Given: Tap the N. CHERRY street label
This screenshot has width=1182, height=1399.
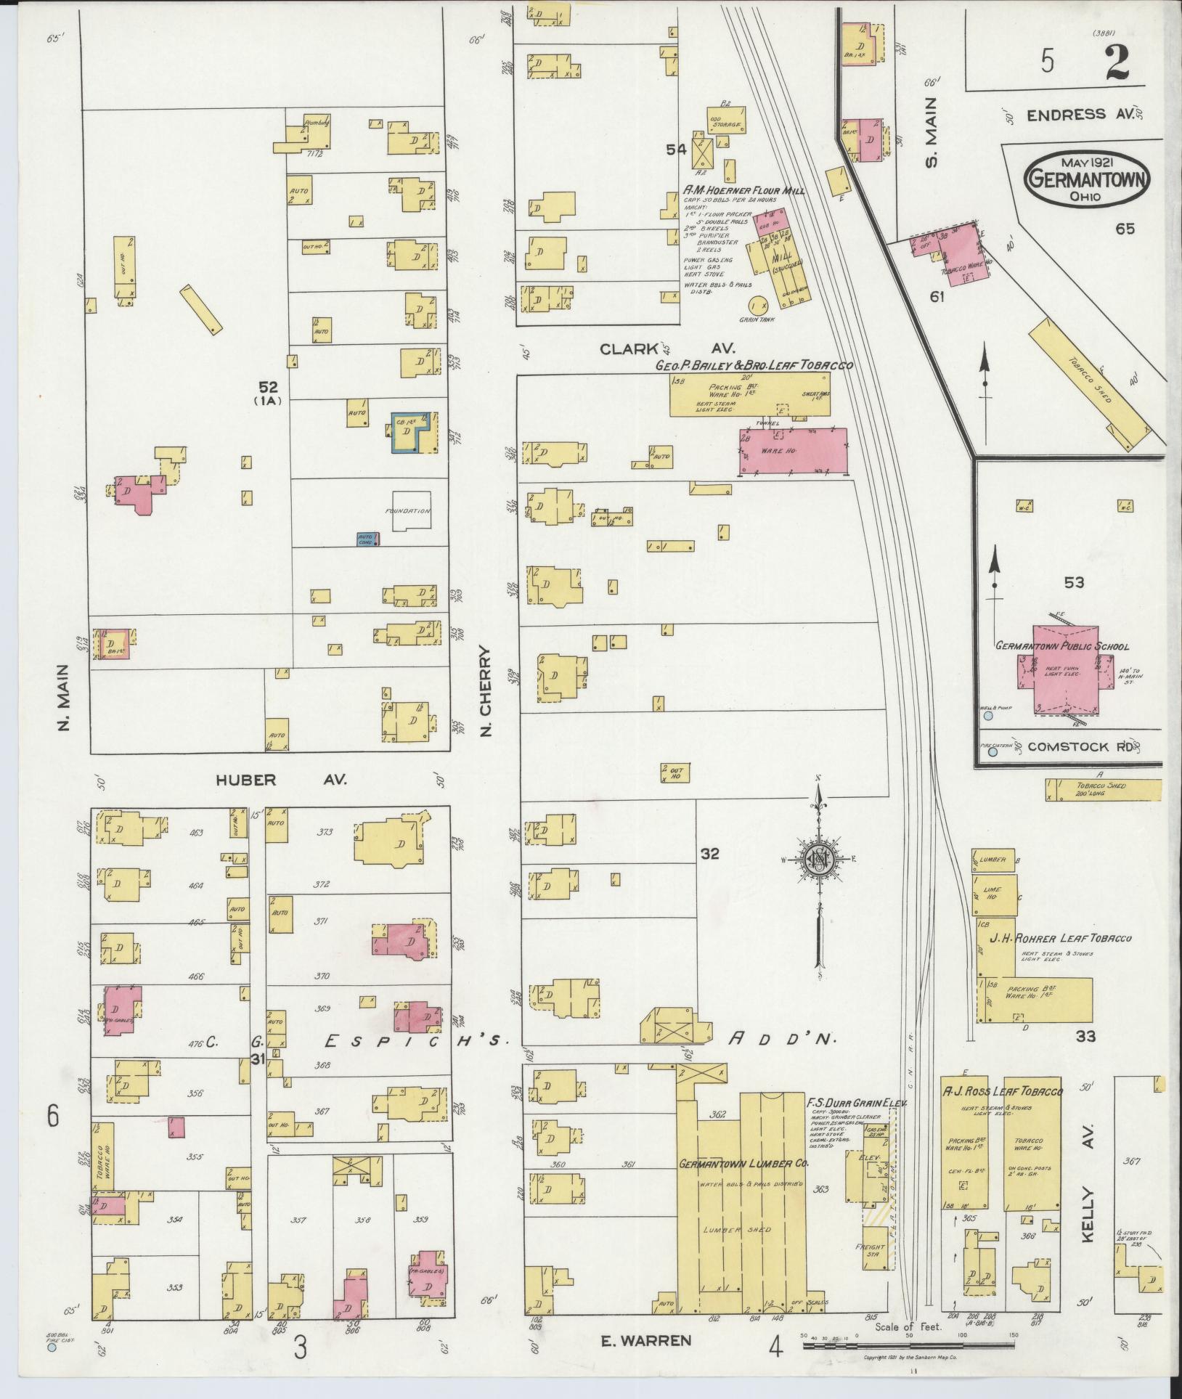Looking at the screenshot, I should click(486, 691).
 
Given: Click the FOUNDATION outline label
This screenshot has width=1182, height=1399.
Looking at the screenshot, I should click(407, 511).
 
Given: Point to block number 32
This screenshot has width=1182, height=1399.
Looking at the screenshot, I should click(709, 855).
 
